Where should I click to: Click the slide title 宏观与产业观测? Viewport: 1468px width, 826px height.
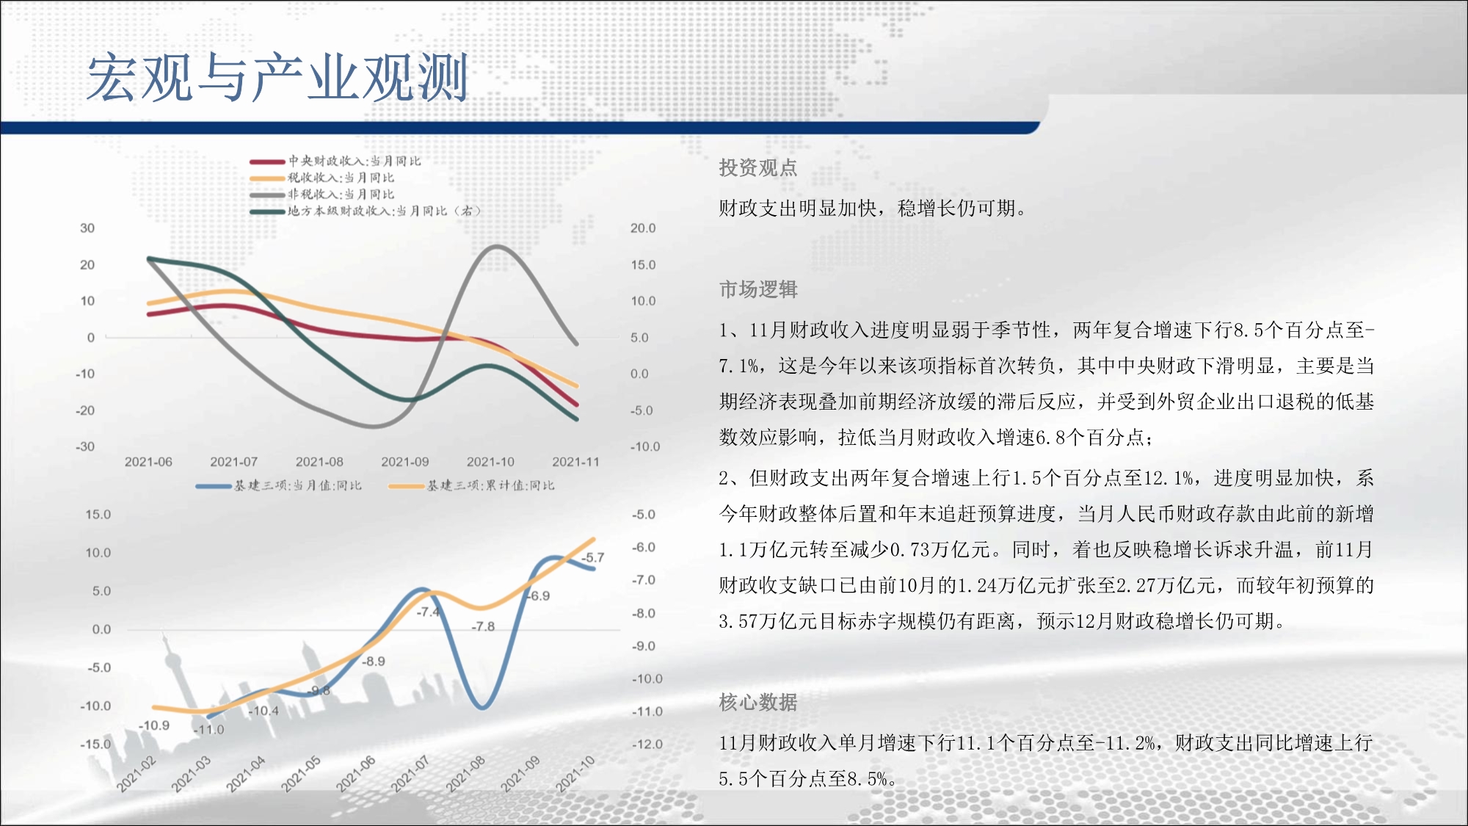(277, 77)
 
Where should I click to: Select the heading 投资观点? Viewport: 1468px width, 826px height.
(758, 168)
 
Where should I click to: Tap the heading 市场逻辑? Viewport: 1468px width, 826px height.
(758, 289)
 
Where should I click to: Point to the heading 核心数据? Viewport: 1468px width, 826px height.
(758, 703)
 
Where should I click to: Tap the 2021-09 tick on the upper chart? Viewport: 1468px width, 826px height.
(405, 462)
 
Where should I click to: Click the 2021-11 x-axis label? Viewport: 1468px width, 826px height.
(575, 462)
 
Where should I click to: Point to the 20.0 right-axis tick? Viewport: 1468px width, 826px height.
(643, 228)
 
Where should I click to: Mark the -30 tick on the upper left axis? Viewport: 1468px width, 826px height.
(85, 446)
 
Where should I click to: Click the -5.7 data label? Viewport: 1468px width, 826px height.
(592, 558)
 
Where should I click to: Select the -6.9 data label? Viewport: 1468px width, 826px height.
(538, 596)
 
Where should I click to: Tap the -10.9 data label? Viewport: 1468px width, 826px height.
(154, 725)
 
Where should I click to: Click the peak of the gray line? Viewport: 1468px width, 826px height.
(497, 247)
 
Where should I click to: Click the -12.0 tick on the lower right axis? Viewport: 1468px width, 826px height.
(647, 745)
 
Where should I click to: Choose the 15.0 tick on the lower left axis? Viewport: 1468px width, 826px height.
(98, 515)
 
